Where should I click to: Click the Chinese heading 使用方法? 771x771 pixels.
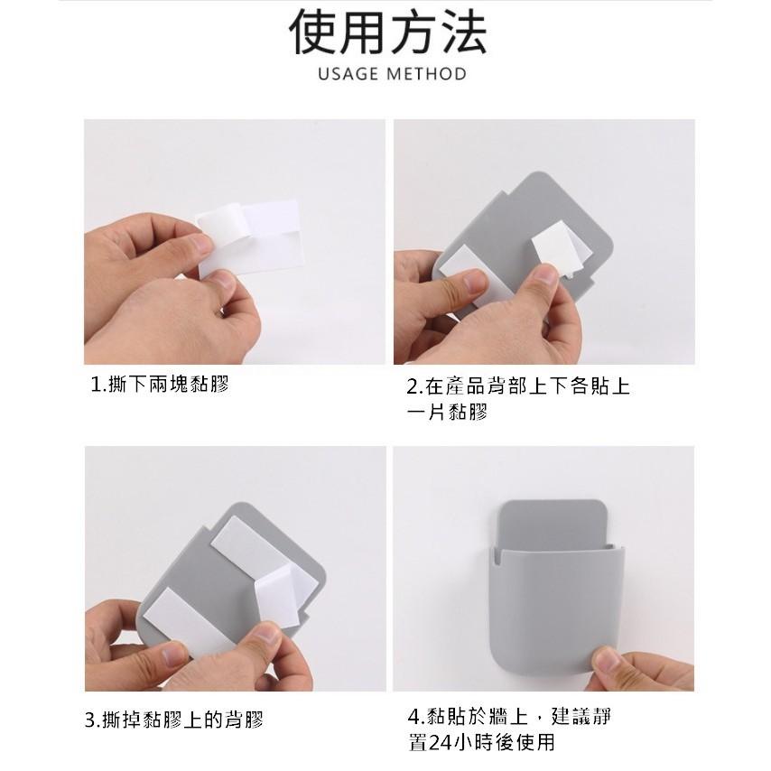click(x=387, y=33)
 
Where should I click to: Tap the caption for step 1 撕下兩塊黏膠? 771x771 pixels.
click(x=160, y=385)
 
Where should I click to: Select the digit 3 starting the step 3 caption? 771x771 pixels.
click(x=90, y=720)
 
